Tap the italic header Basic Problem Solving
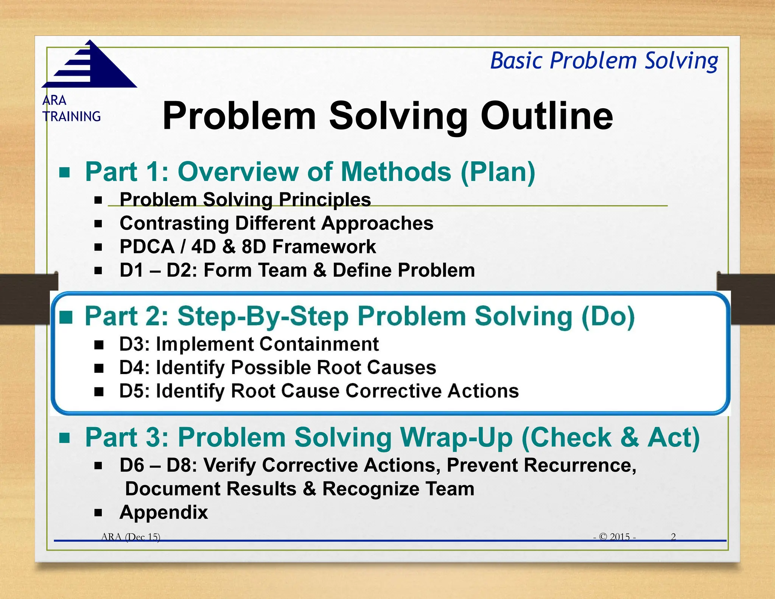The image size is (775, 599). (604, 61)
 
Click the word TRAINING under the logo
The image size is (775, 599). (72, 117)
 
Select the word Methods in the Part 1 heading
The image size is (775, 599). (396, 172)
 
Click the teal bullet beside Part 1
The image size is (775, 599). (65, 173)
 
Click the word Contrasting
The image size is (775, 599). (174, 223)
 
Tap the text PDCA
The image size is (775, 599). (147, 247)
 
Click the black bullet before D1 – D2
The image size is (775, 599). (98, 271)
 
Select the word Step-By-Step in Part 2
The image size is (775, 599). (263, 317)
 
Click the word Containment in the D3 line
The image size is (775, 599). (319, 344)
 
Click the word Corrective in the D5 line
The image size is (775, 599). (394, 391)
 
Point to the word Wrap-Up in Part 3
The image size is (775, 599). (456, 438)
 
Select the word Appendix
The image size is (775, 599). (163, 513)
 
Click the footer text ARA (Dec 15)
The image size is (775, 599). (131, 537)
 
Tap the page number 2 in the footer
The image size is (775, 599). (673, 537)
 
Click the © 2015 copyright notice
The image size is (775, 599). (615, 537)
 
